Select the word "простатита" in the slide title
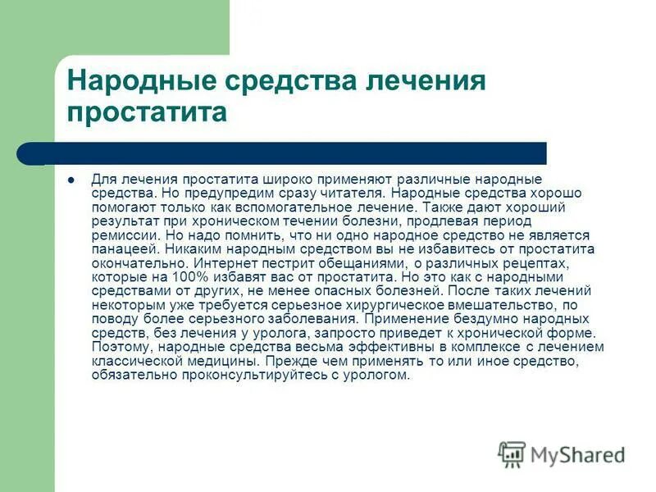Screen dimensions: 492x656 (x=147, y=112)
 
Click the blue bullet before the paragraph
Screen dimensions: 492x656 (x=71, y=179)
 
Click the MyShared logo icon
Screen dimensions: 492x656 (x=512, y=453)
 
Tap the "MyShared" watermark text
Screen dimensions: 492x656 (x=577, y=454)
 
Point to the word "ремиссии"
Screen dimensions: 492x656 (x=118, y=235)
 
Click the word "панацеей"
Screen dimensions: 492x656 (x=125, y=248)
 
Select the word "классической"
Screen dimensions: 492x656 (x=128, y=361)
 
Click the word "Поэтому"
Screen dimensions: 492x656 (x=117, y=348)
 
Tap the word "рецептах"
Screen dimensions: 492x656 (x=536, y=264)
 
